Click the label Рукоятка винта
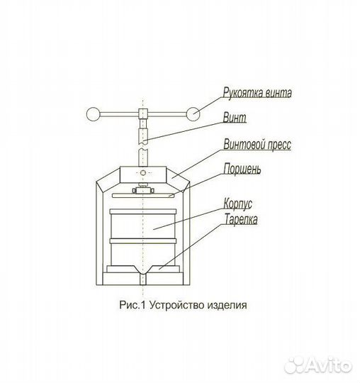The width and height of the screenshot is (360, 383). [x=257, y=93]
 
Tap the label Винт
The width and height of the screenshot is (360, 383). [x=235, y=118]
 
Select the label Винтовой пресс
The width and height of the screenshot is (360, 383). [x=257, y=144]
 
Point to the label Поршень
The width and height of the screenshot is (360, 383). [x=242, y=169]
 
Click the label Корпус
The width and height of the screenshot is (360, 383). [x=237, y=204]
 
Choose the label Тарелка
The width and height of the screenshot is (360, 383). [x=241, y=219]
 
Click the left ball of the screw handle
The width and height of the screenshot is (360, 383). [x=94, y=114]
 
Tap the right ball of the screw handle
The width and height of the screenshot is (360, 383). [x=193, y=114]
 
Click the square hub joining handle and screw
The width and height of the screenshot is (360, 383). [x=143, y=113]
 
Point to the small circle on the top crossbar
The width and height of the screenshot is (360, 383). [x=143, y=173]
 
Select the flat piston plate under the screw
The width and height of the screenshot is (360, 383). [x=143, y=196]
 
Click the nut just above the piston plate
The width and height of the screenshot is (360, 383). [x=143, y=190]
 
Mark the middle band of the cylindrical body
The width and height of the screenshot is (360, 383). [x=143, y=241]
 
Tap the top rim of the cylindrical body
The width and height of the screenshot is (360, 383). [x=143, y=211]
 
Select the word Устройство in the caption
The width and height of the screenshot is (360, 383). [x=176, y=305]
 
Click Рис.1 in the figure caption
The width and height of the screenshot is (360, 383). [x=133, y=305]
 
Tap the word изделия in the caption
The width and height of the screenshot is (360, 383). [x=227, y=305]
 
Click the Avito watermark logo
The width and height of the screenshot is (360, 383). [x=318, y=365]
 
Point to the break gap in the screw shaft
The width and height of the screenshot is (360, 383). [x=143, y=146]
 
